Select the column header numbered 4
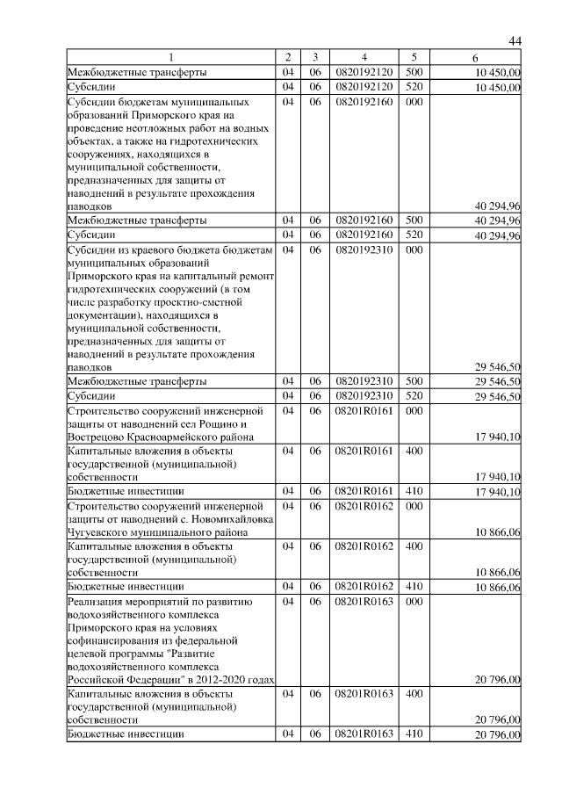364,57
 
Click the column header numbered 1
171,57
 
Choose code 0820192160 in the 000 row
364,102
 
